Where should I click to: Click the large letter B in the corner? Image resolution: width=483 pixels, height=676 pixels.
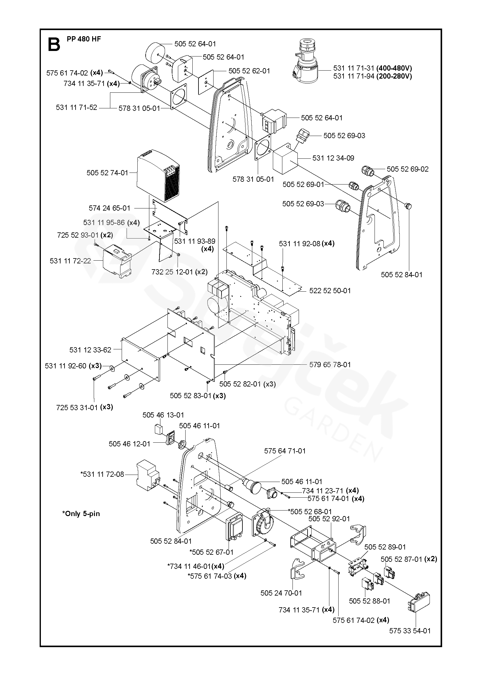tap(54, 45)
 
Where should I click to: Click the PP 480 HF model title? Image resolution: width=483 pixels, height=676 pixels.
tap(84, 39)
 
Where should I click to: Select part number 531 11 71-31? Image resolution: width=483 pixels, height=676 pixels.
tap(354, 68)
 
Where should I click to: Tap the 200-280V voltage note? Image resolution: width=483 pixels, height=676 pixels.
tap(394, 76)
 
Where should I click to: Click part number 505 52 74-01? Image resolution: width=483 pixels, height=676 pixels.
tap(107, 173)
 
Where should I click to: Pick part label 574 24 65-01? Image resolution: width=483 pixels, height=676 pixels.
tap(110, 208)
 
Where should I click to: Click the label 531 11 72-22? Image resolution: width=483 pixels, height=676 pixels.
tap(70, 261)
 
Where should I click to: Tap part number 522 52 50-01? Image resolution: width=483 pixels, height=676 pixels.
tap(330, 290)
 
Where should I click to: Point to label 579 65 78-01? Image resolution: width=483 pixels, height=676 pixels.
tap(330, 364)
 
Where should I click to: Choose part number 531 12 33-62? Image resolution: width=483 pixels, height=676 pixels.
tap(90, 350)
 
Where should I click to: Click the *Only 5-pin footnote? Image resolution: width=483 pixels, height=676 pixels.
tap(81, 514)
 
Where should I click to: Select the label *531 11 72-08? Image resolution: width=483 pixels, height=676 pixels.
tap(102, 474)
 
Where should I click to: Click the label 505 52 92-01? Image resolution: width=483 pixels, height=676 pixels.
tap(329, 519)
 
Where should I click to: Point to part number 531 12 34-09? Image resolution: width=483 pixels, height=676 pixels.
tap(333, 158)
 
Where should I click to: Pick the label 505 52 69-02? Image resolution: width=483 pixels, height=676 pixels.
tap(407, 169)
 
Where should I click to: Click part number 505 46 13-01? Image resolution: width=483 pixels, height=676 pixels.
tap(163, 415)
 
